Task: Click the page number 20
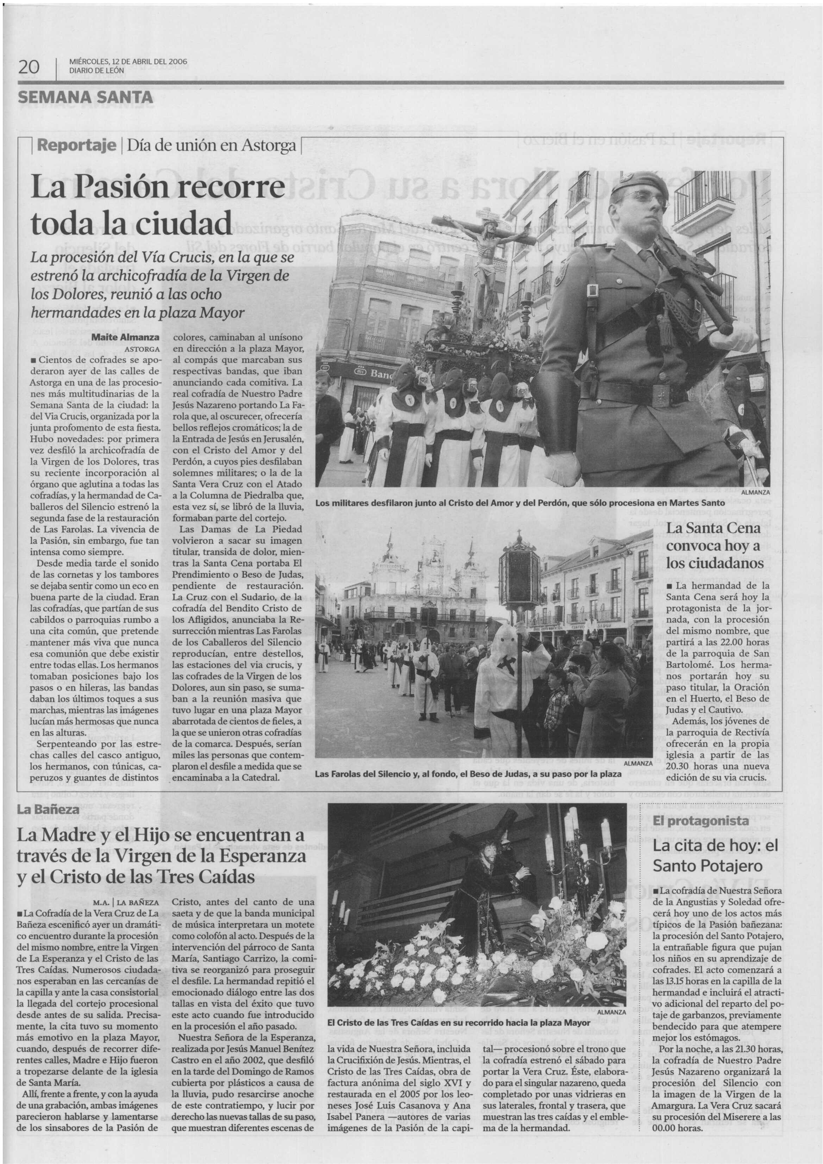coord(29,67)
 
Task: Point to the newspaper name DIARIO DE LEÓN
coord(96,70)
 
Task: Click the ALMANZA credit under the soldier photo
coord(755,492)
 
